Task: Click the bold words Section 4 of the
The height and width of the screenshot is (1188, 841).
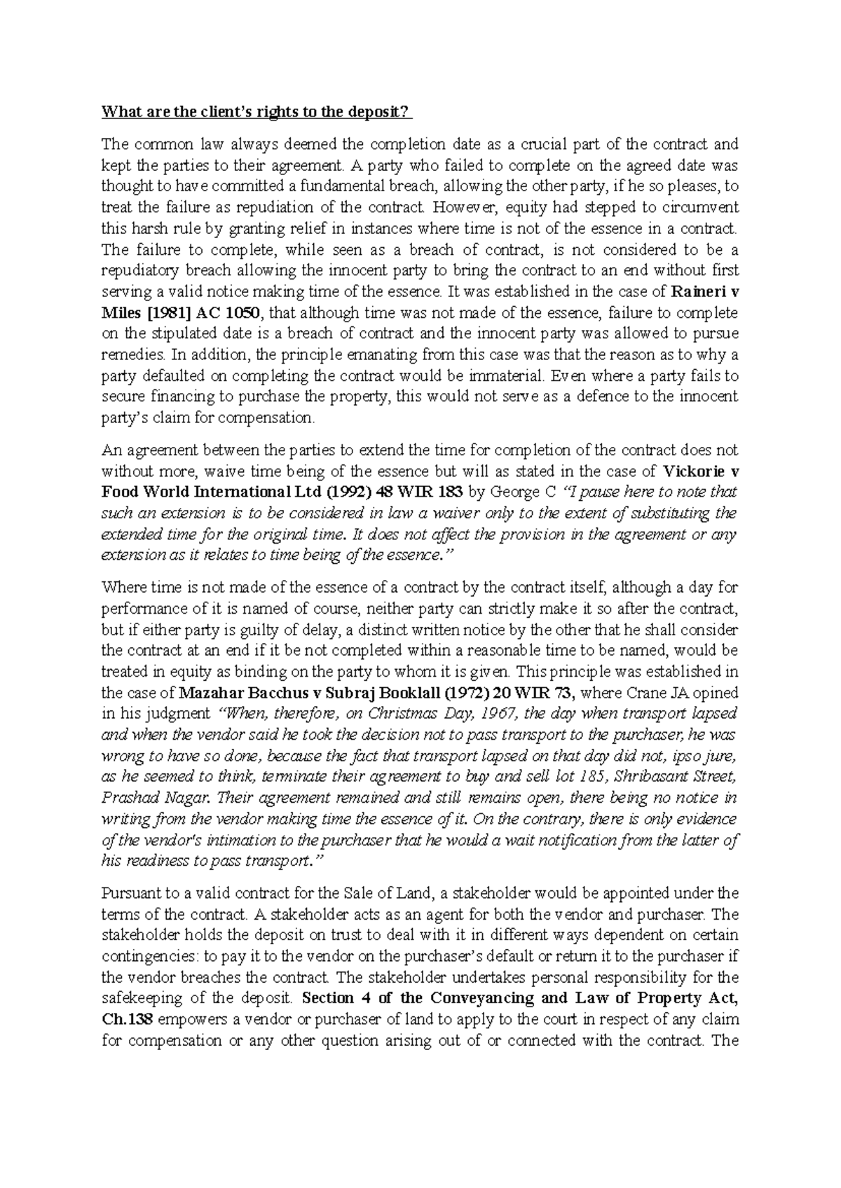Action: (359, 998)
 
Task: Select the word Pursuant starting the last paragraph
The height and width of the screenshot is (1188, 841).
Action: (128, 893)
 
